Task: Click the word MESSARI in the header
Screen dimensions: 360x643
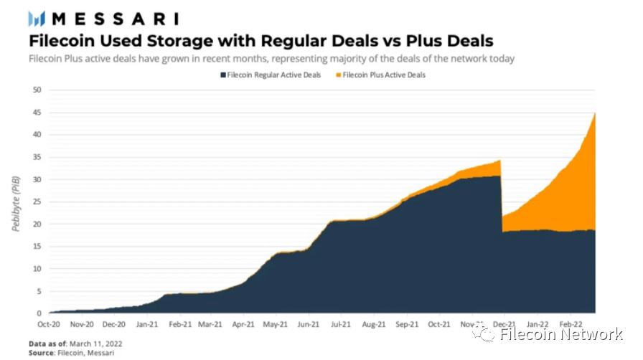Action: [114, 19]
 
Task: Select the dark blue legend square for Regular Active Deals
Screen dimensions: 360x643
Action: [223, 75]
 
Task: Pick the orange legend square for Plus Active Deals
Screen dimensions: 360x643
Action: [338, 75]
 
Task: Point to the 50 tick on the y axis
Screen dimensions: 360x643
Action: [37, 90]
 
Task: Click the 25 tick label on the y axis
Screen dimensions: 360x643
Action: [37, 202]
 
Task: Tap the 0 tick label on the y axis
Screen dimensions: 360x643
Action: [39, 313]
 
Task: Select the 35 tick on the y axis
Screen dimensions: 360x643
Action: [37, 157]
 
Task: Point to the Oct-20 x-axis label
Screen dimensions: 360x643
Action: [50, 324]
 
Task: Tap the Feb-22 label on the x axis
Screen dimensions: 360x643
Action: [571, 324]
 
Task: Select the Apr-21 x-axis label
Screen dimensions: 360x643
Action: [244, 324]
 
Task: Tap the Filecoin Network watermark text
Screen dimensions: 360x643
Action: [560, 333]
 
